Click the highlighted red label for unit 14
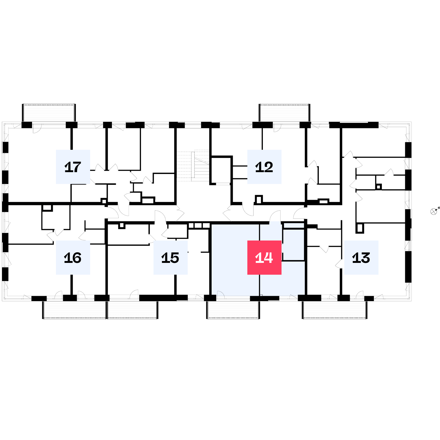(264, 257)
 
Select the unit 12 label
(264, 167)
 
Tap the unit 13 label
(361, 257)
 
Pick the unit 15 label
(170, 257)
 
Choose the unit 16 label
(73, 257)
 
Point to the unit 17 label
(73, 167)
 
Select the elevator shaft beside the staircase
(221, 170)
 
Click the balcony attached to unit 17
(49, 112)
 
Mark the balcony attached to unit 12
(284, 112)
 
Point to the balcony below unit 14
(233, 310)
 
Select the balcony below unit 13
(335, 310)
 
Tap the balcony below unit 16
(75, 310)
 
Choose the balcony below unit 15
(132, 310)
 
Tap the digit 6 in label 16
(77, 258)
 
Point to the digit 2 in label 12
(268, 167)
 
